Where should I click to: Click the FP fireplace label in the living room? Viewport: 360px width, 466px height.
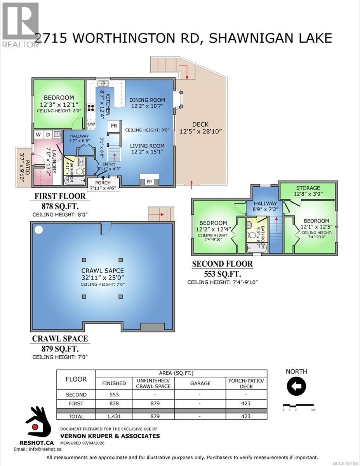149,181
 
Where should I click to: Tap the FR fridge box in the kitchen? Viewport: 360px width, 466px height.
114,126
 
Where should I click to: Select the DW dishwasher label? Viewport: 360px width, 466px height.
91,124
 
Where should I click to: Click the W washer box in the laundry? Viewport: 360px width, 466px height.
38,134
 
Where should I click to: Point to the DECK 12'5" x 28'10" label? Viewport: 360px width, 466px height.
200,128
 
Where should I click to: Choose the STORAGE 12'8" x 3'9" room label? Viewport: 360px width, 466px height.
308,191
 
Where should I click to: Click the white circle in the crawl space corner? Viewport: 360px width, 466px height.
38,230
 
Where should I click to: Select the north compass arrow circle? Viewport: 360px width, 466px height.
296,386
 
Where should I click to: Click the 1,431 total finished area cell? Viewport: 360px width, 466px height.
114,416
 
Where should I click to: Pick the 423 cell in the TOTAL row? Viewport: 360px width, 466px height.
246,416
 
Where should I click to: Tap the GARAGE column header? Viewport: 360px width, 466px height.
200,383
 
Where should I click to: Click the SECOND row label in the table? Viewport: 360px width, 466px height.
76,395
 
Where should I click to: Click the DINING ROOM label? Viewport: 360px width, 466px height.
147,100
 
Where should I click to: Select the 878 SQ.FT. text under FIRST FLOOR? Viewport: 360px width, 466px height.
60,207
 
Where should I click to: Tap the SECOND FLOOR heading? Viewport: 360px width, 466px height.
222,264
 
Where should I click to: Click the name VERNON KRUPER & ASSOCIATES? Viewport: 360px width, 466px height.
110,436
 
